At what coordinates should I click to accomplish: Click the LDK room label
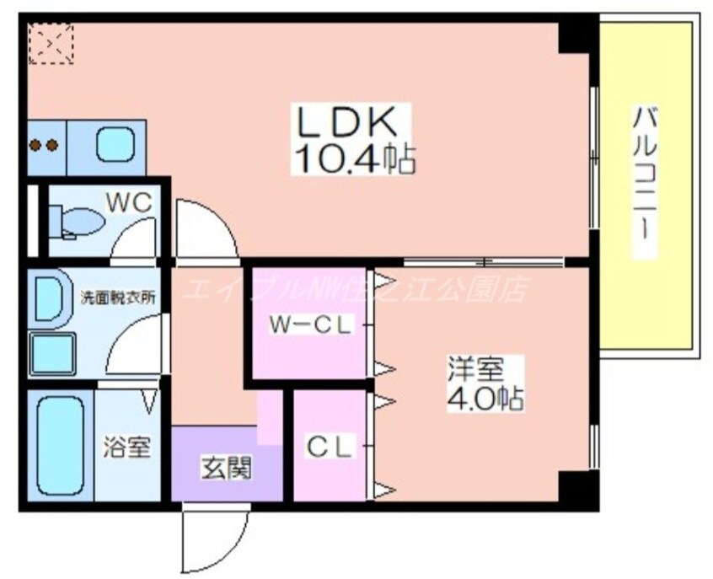click(346, 122)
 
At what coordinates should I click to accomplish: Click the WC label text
click(128, 202)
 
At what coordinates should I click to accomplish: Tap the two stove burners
click(45, 145)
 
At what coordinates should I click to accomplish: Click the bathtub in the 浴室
click(62, 445)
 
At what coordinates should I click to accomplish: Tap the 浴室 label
click(127, 447)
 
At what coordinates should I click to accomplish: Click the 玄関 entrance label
click(225, 467)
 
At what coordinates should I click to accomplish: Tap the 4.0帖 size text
click(485, 398)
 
